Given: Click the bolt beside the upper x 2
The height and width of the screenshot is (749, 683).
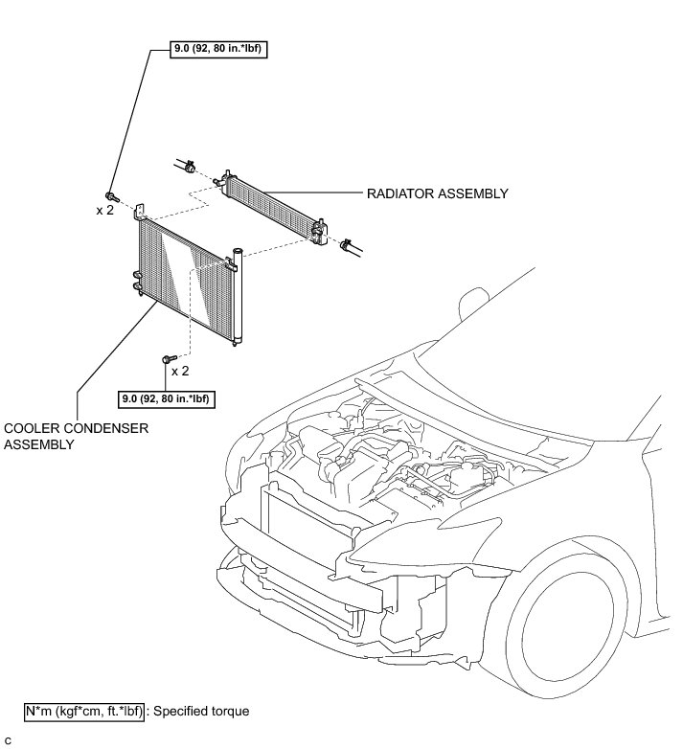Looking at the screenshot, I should pyautogui.click(x=111, y=196).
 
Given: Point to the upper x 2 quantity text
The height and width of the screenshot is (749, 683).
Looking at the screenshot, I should pyautogui.click(x=104, y=211).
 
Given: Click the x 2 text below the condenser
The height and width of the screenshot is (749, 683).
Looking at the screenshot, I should pyautogui.click(x=180, y=371).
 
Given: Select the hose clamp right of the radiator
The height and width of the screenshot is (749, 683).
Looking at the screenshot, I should pyautogui.click(x=345, y=244).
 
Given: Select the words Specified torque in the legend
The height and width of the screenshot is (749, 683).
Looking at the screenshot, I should pyautogui.click(x=201, y=712).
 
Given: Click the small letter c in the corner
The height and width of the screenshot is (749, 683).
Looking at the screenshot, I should pyautogui.click(x=8, y=740).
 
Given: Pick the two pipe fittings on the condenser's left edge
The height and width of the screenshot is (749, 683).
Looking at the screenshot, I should pyautogui.click(x=138, y=282).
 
